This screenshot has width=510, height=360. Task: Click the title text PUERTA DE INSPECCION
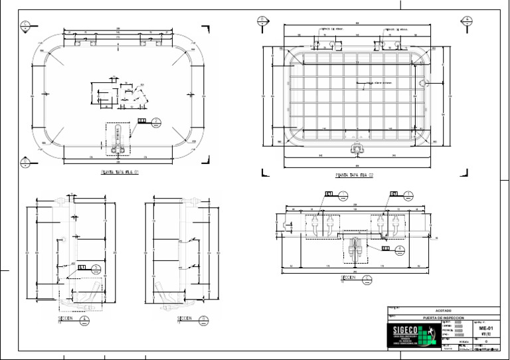point(443,318)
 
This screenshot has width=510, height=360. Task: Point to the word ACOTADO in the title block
point(443,310)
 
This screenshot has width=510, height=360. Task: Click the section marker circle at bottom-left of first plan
point(25,160)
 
